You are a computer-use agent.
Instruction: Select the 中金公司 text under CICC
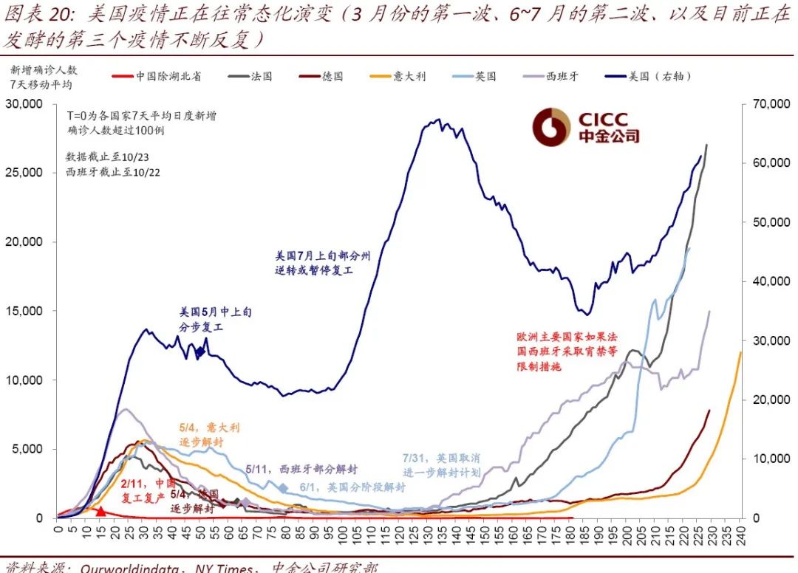coord(609,137)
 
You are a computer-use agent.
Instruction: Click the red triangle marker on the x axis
coord(100,511)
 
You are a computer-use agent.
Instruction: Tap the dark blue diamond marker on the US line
coord(199,352)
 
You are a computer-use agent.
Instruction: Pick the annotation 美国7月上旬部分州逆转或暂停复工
coord(322,263)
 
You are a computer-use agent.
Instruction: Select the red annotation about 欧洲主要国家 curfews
coord(567,351)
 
